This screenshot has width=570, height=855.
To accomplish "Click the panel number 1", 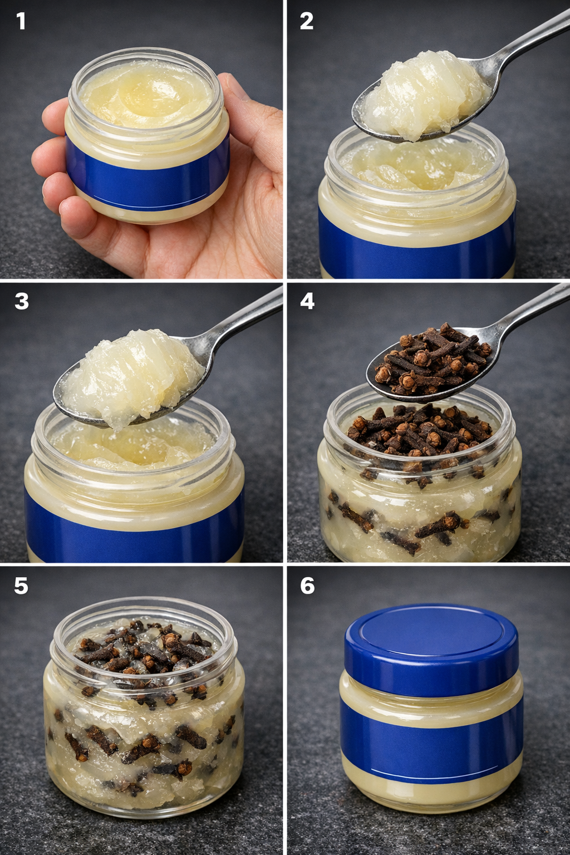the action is tap(21, 21).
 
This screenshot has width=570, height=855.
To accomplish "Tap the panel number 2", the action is tap(307, 21).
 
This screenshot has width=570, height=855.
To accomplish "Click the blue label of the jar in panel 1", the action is tap(148, 172).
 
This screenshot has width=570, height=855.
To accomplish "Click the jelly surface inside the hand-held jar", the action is tap(147, 94).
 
